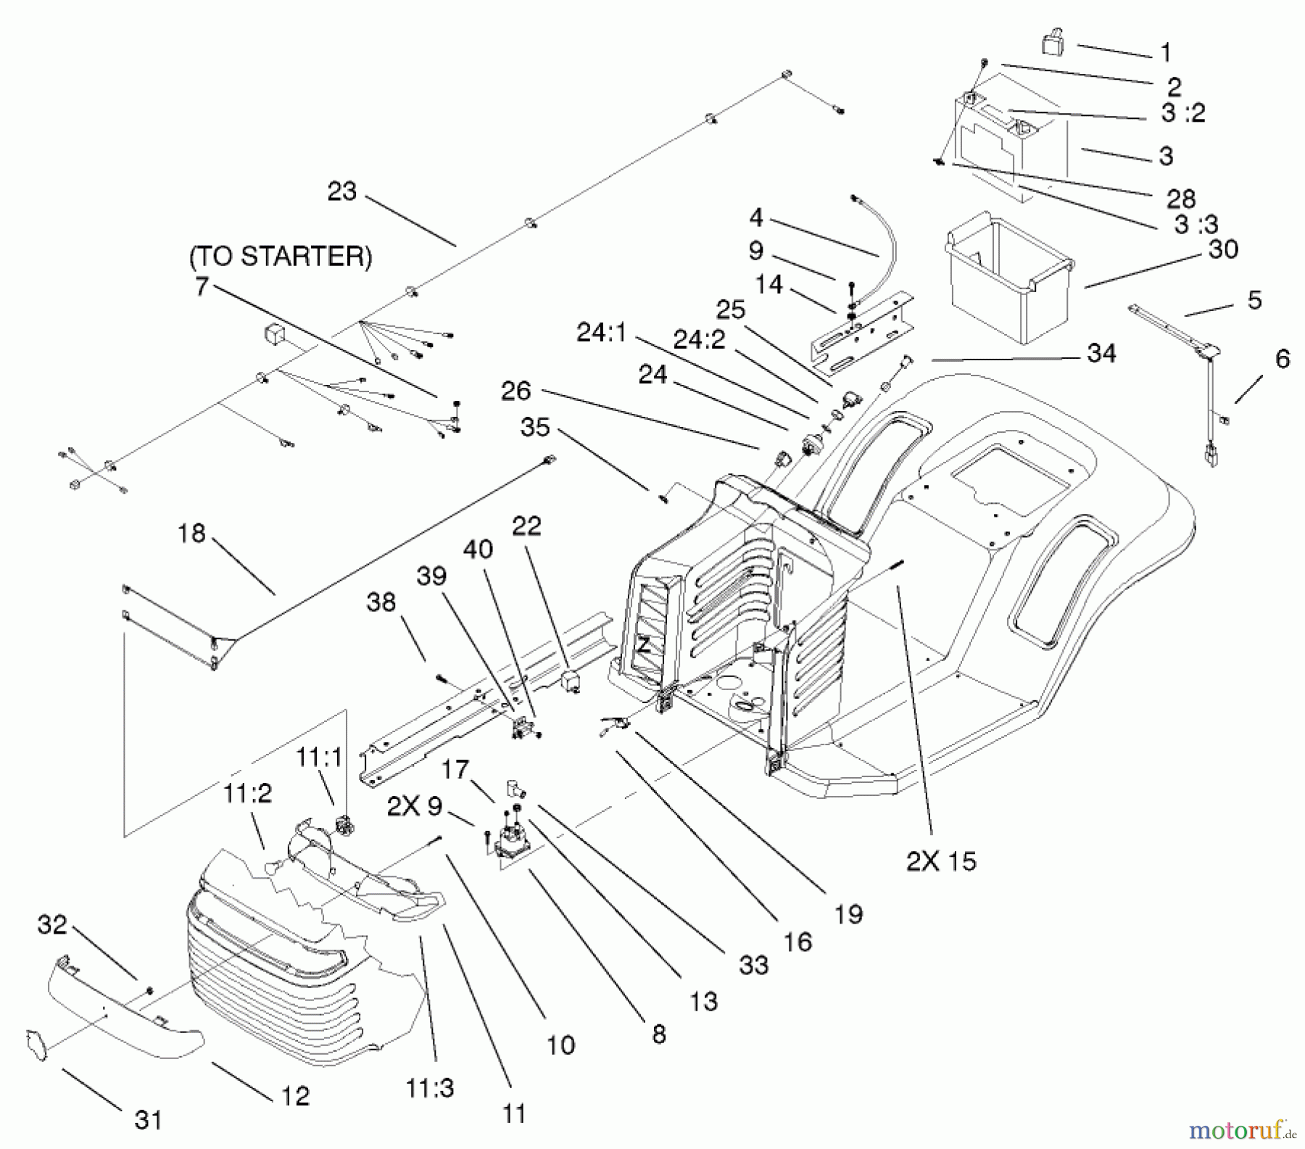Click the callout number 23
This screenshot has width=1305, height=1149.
(x=342, y=191)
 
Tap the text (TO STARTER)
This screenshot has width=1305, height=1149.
(x=281, y=257)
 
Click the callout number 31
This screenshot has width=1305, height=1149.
(x=149, y=1120)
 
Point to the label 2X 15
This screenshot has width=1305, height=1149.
(x=941, y=861)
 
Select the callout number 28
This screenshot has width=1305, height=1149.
(x=1180, y=199)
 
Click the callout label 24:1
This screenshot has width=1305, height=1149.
(x=602, y=333)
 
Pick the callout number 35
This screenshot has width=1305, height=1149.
(x=536, y=427)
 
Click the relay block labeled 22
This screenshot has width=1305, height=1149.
(x=571, y=682)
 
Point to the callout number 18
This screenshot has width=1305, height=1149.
(x=192, y=533)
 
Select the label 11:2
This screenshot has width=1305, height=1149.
(x=247, y=794)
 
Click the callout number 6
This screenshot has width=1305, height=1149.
(x=1282, y=358)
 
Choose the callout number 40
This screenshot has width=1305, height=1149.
(x=478, y=549)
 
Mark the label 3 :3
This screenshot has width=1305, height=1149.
(x=1196, y=225)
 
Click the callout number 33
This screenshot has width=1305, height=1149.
(x=753, y=965)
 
